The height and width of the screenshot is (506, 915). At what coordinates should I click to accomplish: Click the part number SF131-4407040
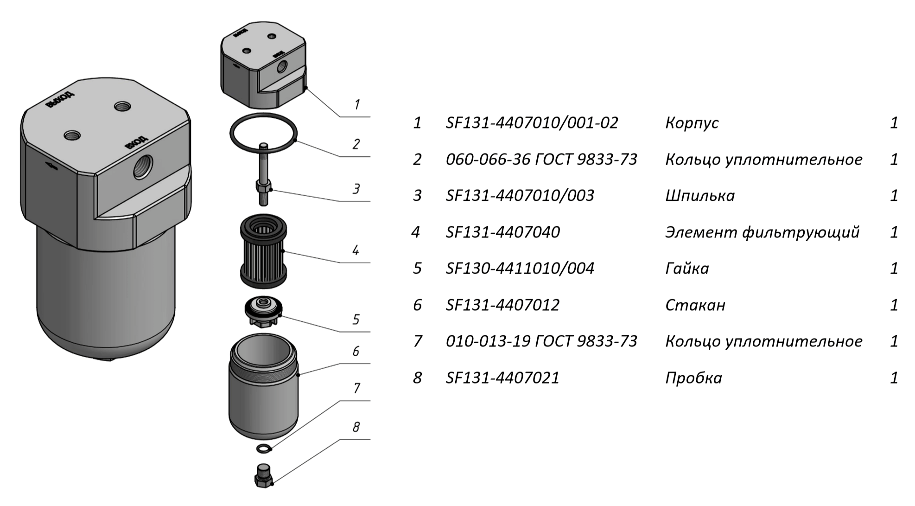pyautogui.click(x=502, y=232)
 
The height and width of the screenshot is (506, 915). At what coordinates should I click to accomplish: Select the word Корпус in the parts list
pyautogui.click(x=692, y=123)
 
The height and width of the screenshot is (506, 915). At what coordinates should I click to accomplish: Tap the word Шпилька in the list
pyautogui.click(x=699, y=196)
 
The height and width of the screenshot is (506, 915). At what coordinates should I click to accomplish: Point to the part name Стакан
pyautogui.click(x=695, y=305)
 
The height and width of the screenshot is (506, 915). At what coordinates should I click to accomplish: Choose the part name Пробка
pyautogui.click(x=693, y=378)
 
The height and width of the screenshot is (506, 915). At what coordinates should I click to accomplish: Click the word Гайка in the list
pyautogui.click(x=687, y=269)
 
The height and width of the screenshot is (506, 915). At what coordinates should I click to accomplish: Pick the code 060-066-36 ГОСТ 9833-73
pyautogui.click(x=541, y=160)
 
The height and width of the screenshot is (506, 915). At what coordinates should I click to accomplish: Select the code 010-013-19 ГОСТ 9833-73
pyautogui.click(x=541, y=341)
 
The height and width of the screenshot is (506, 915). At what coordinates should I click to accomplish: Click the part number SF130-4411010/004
pyautogui.click(x=520, y=269)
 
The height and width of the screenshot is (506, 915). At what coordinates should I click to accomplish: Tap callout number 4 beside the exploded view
pyautogui.click(x=356, y=251)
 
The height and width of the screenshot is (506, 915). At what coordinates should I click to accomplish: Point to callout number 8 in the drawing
pyautogui.click(x=356, y=427)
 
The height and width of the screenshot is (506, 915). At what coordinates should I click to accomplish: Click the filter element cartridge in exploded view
pyautogui.click(x=263, y=250)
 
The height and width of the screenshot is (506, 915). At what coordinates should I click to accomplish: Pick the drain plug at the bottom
pyautogui.click(x=264, y=475)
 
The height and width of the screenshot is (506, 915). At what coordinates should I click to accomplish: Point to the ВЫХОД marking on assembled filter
pyautogui.click(x=60, y=100)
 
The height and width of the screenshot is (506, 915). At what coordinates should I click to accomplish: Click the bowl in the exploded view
pyautogui.click(x=264, y=387)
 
